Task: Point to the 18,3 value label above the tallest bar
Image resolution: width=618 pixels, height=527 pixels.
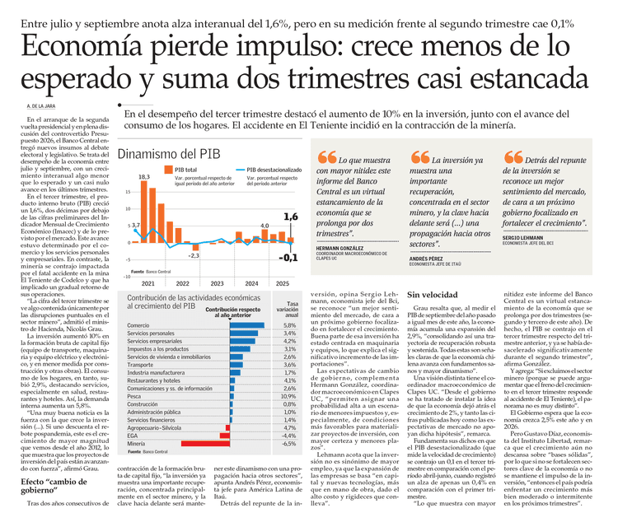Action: (143, 177)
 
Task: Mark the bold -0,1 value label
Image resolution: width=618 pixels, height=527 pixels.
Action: (287, 258)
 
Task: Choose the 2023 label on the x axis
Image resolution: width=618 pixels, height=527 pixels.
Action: (217, 282)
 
